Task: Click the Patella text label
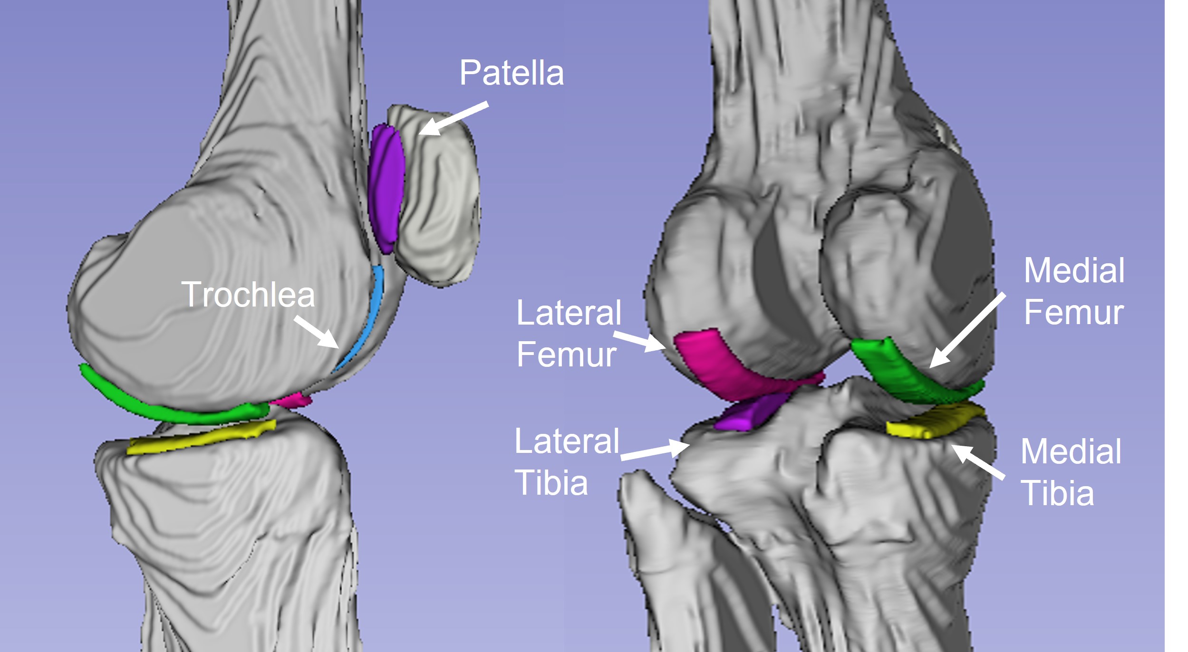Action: [512, 73]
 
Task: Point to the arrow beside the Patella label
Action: [454, 118]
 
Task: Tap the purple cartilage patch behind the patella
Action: [386, 188]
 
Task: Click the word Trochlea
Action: [248, 294]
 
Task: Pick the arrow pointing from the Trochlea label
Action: [317, 332]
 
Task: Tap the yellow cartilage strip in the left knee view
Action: [202, 437]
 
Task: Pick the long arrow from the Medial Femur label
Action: [967, 331]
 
